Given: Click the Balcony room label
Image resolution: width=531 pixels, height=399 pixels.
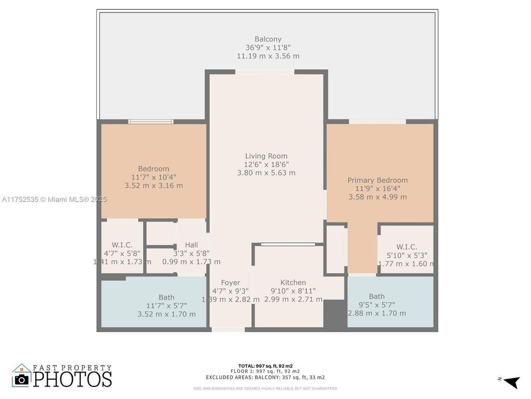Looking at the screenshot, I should pyautogui.click(x=268, y=39).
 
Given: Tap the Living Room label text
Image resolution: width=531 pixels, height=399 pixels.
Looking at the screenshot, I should pyautogui.click(x=266, y=156).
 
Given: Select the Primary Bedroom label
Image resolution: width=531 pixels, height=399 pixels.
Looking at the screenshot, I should pyautogui.click(x=378, y=180).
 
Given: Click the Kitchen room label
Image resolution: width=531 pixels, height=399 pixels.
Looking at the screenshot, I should pyautogui.click(x=293, y=283).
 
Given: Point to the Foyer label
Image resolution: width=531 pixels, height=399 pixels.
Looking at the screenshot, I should pyautogui.click(x=230, y=283).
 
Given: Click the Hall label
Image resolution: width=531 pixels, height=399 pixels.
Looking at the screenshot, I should pyautogui.click(x=191, y=245).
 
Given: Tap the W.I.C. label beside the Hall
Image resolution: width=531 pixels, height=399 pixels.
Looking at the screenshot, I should pyautogui.click(x=122, y=245).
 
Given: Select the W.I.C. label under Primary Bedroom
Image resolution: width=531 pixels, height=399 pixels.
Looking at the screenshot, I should pyautogui.click(x=407, y=247).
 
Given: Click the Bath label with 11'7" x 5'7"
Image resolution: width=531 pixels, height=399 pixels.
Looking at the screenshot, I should pyautogui.click(x=166, y=297).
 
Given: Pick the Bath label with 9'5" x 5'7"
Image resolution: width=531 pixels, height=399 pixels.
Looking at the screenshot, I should pyautogui.click(x=377, y=297).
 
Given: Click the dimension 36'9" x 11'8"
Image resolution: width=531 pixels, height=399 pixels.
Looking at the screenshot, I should pyautogui.click(x=268, y=47).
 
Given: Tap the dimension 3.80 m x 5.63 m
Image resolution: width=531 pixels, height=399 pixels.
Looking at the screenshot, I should pyautogui.click(x=266, y=172).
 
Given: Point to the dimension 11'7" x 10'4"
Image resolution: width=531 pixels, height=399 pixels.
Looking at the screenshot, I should pyautogui.click(x=153, y=177).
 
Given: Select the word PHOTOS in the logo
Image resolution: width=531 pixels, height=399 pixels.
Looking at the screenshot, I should pyautogui.click(x=73, y=379).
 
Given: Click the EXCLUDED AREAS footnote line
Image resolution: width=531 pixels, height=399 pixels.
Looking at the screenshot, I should pyautogui.click(x=265, y=377).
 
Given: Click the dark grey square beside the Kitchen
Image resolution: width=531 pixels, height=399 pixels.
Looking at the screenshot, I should pyautogui.click(x=334, y=313).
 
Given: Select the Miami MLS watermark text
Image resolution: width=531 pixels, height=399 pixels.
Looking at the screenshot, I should pyautogui.click(x=54, y=199).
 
